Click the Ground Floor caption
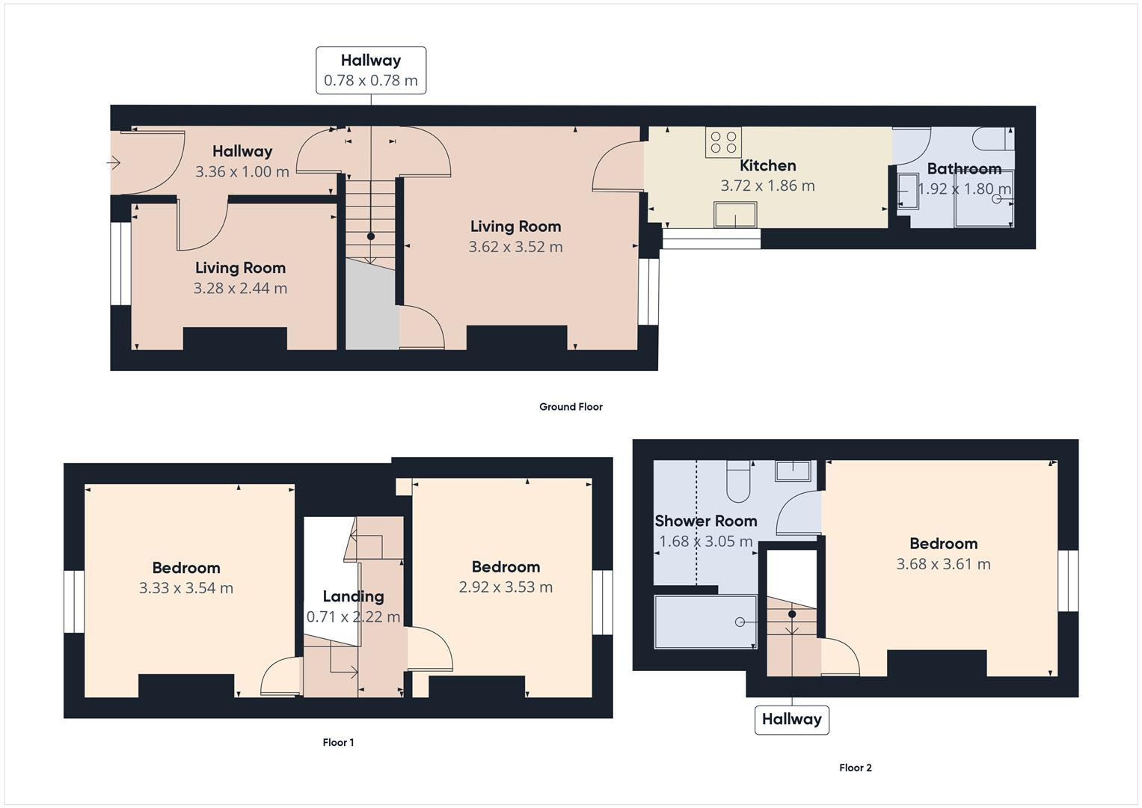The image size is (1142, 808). (x=571, y=407)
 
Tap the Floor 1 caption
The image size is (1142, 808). (x=338, y=742)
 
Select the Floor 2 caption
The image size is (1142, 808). (x=855, y=768)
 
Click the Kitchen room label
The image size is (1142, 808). (x=767, y=165)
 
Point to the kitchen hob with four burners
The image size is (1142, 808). (x=722, y=142)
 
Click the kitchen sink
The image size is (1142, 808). (x=734, y=215)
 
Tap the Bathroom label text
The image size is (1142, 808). (x=963, y=168)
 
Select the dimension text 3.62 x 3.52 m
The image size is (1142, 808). (x=515, y=247)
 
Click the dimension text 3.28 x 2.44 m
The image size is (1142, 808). (x=240, y=288)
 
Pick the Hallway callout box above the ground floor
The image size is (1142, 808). (x=371, y=70)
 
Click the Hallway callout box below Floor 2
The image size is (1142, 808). (x=791, y=719)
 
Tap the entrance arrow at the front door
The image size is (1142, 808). (x=114, y=162)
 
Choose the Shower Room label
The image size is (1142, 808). (x=705, y=521)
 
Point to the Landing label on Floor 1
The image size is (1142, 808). (x=353, y=596)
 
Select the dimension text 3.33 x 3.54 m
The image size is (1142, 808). (x=185, y=588)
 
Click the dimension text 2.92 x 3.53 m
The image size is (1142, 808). (x=506, y=587)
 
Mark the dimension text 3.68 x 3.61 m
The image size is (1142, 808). (x=943, y=564)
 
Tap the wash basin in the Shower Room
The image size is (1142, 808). (x=793, y=471)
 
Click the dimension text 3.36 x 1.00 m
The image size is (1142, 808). (x=242, y=171)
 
